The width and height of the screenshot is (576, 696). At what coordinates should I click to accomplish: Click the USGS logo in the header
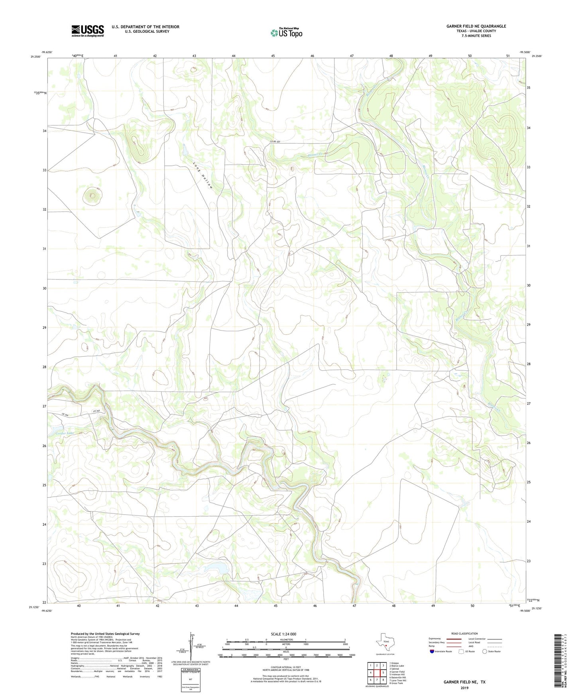87,31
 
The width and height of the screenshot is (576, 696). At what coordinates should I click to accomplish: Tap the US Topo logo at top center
286,33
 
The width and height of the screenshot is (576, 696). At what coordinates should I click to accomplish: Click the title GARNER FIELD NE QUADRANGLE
476,26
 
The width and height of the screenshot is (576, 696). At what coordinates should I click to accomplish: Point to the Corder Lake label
62,433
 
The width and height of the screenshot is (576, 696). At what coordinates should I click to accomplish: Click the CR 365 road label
96,411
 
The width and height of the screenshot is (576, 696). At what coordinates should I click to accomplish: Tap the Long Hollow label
202,175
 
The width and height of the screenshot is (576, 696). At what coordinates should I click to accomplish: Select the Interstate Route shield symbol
432,651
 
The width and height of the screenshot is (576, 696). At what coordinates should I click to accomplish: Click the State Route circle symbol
485,651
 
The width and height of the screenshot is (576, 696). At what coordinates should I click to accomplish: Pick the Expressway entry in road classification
435,639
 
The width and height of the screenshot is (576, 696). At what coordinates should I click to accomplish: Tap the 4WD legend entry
473,647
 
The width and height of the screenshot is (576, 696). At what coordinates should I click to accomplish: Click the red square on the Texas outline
386,646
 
